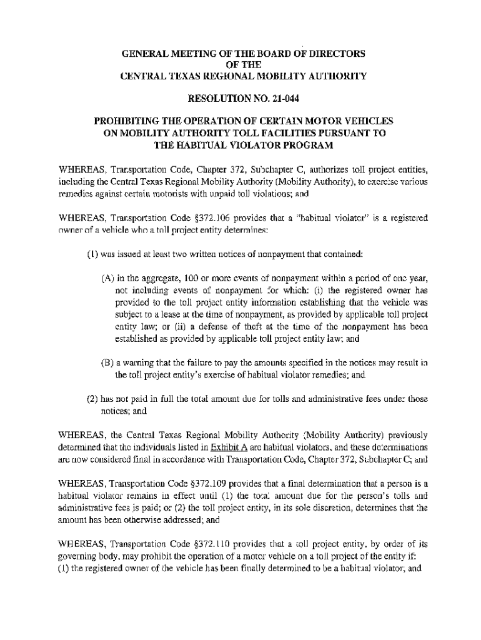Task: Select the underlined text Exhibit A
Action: tap(229, 447)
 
